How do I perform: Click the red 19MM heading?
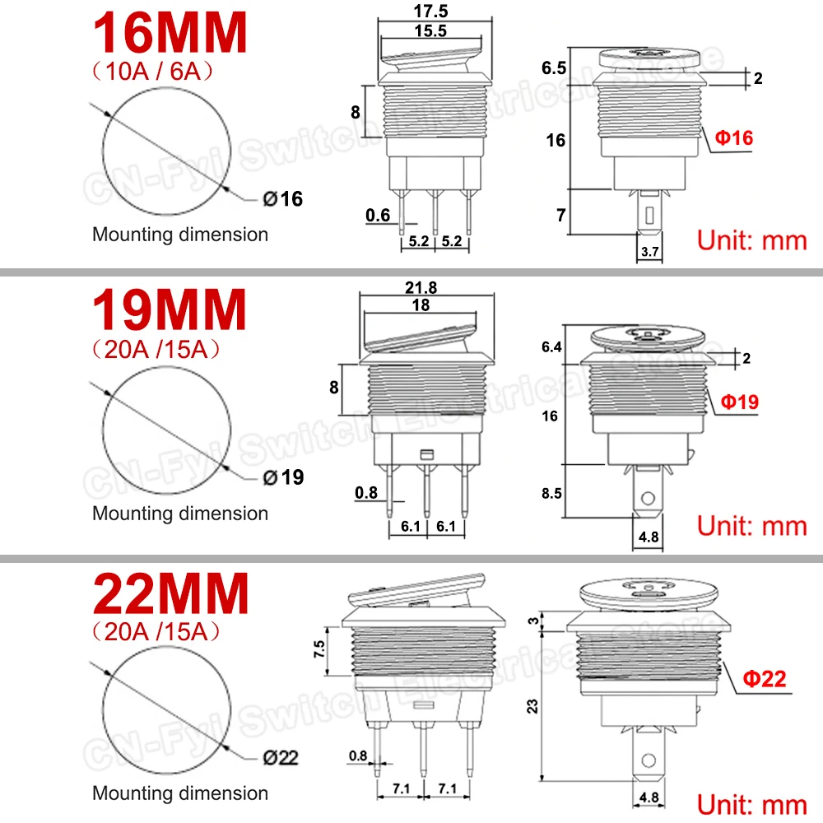[170, 310]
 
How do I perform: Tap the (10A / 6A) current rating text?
[156, 72]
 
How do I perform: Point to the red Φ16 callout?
[733, 138]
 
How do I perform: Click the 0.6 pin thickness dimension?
[378, 216]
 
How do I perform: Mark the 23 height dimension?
[533, 705]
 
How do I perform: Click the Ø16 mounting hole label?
[283, 198]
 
